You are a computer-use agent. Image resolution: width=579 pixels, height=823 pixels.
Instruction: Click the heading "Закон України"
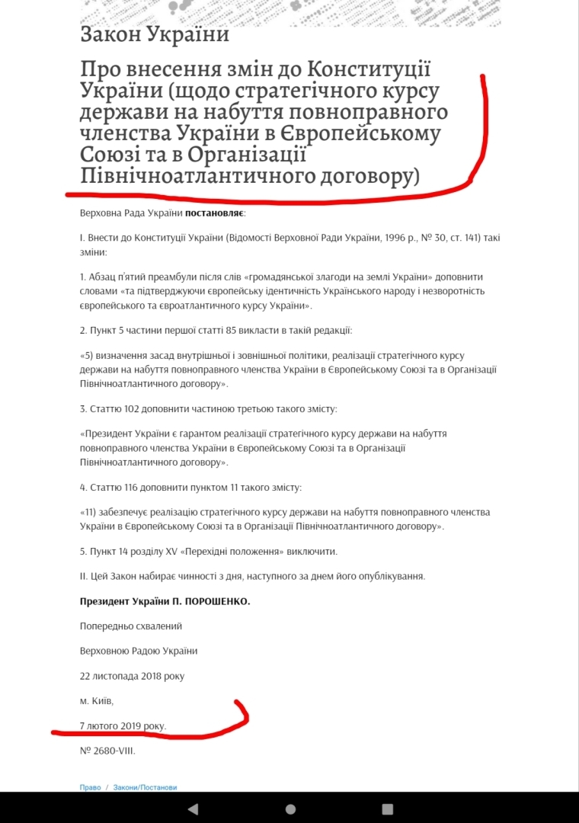[154, 34]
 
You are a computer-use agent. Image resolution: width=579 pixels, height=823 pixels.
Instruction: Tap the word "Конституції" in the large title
[369, 69]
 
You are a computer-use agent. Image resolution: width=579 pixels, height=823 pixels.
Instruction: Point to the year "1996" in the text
[386, 239]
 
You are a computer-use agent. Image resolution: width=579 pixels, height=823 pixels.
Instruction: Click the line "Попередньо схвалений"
[131, 626]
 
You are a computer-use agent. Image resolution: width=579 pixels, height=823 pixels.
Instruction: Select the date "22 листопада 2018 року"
[132, 676]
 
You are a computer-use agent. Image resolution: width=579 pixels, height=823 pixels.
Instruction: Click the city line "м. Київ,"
[97, 700]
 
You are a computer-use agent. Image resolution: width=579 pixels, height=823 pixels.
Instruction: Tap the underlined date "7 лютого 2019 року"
[123, 725]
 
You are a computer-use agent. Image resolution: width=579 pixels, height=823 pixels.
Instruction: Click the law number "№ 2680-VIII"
[107, 750]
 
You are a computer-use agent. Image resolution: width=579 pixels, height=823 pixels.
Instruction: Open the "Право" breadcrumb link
[90, 787]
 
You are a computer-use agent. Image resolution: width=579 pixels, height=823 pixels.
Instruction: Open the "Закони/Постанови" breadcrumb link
[145, 787]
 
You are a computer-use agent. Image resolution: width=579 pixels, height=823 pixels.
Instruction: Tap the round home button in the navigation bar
[290, 809]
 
